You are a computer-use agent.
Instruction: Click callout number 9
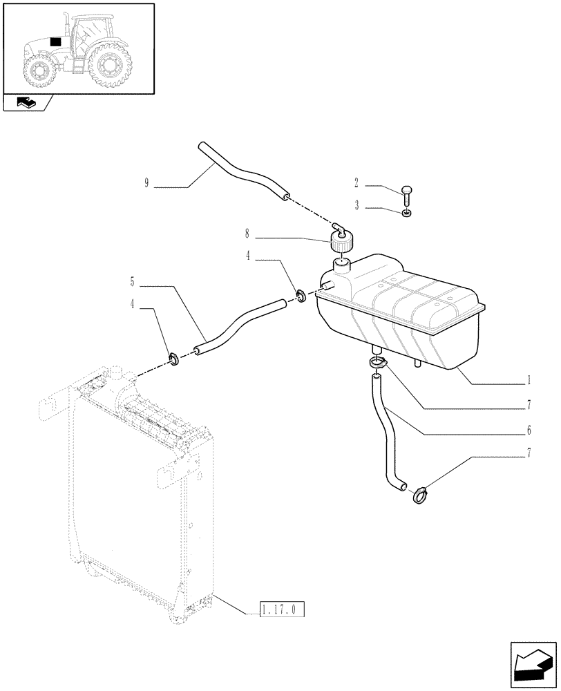pos(147,184)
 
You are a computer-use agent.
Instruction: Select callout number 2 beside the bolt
pos(356,184)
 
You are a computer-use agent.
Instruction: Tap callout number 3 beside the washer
pos(356,207)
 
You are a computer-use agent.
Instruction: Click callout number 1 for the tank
pos(529,379)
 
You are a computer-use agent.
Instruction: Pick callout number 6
pos(529,430)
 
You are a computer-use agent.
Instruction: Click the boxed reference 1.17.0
pos(282,609)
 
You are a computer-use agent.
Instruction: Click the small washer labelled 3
pos(408,213)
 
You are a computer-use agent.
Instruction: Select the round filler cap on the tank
pos(341,243)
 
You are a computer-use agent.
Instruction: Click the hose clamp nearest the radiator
pos(173,359)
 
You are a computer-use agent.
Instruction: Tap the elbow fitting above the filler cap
pos(339,227)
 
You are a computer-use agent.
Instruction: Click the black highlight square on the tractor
pos(55,42)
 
